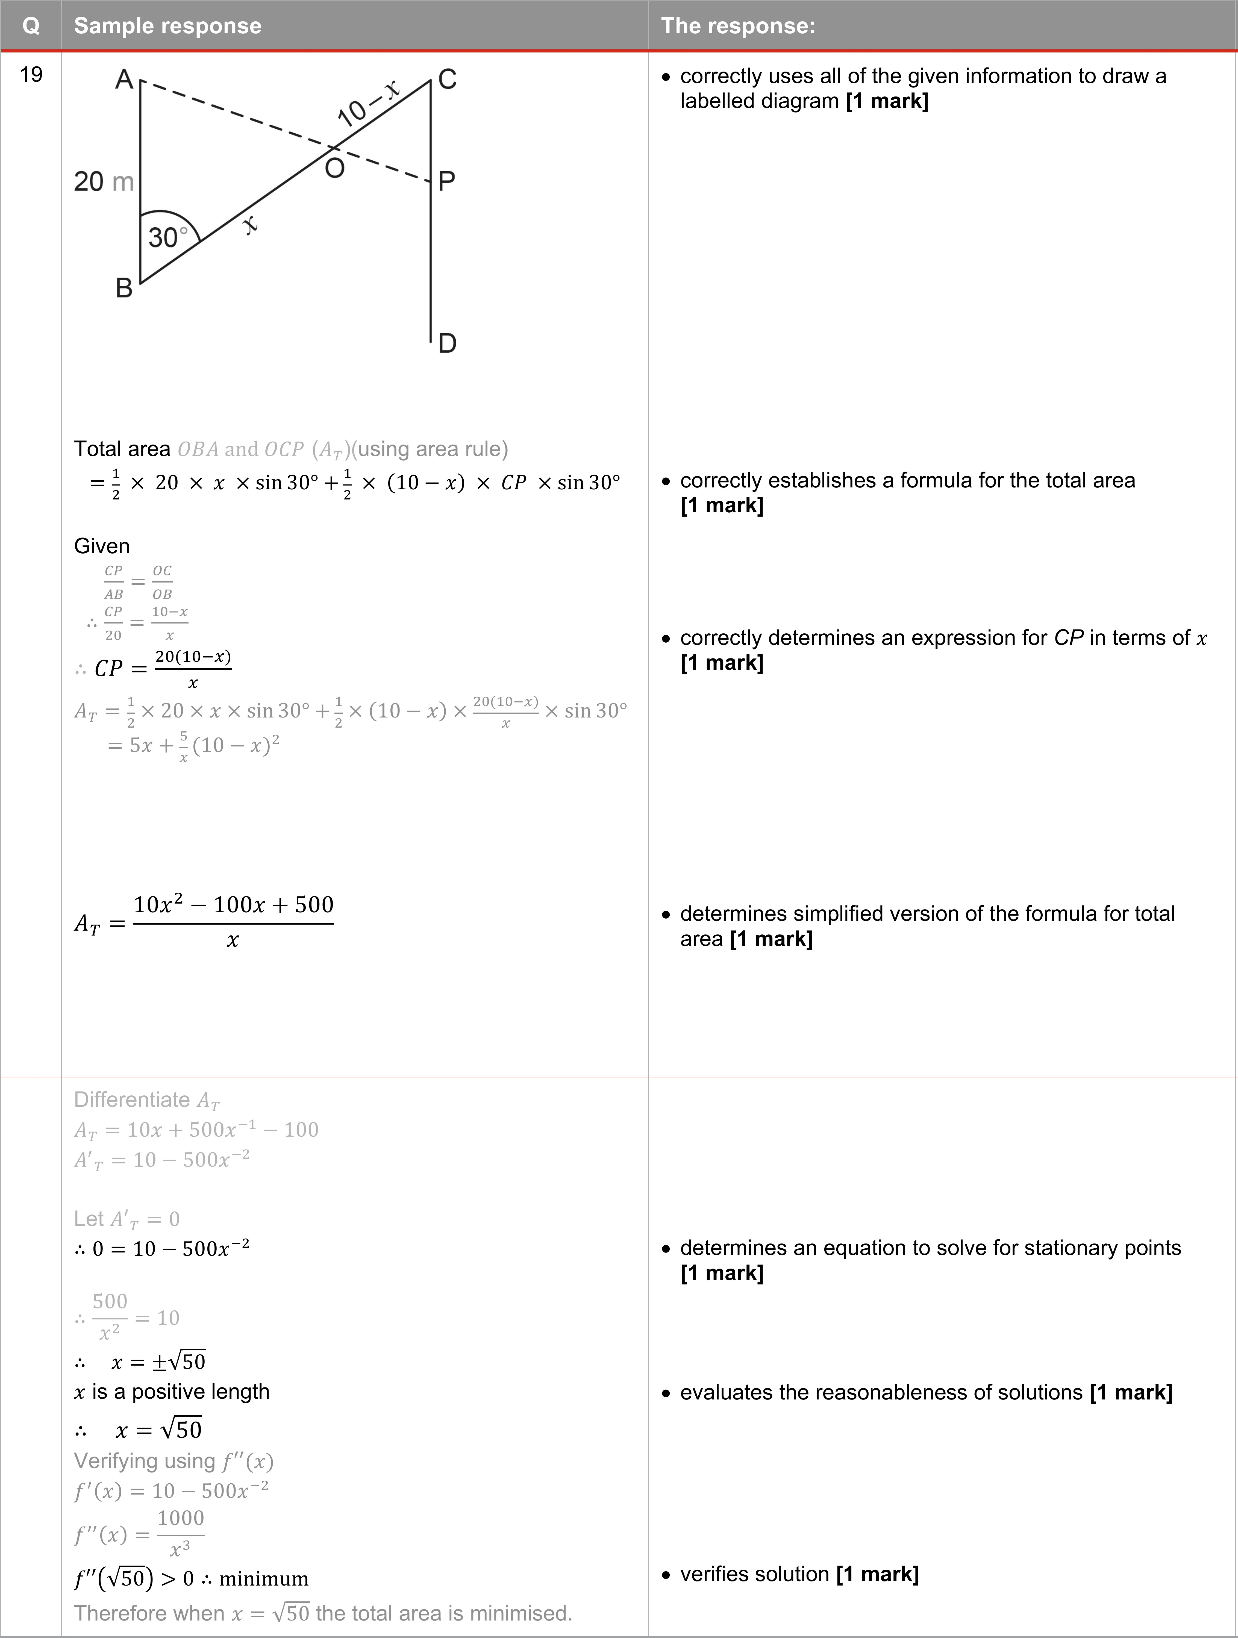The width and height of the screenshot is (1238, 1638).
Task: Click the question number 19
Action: point(31,75)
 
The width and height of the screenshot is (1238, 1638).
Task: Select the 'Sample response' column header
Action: point(167,26)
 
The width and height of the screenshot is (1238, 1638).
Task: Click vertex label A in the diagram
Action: point(124,79)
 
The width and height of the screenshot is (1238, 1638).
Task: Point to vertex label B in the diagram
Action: point(124,288)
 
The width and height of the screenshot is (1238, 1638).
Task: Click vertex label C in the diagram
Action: point(447,79)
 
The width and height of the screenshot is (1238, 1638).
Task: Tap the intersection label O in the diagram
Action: point(335,169)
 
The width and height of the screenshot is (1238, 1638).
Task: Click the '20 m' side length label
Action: point(104,181)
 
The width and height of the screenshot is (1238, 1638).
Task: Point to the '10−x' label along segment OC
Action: point(368,104)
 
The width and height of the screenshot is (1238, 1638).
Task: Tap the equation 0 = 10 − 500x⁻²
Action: point(170,1249)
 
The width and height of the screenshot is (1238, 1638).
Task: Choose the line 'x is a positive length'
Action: point(172,1392)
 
